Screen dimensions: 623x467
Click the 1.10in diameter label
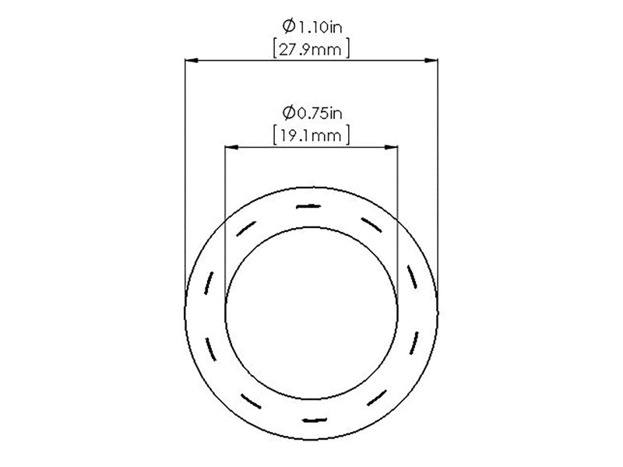pyautogui.click(x=312, y=26)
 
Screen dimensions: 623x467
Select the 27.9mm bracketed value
pyautogui.click(x=311, y=50)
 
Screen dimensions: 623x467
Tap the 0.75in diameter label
pyautogui.click(x=312, y=113)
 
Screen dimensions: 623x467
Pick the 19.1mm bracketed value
pyautogui.click(x=311, y=135)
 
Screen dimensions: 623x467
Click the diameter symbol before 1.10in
pyautogui.click(x=289, y=26)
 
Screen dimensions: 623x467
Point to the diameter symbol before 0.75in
pyautogui.click(x=289, y=113)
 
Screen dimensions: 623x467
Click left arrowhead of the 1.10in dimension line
pyautogui.click(x=192, y=61)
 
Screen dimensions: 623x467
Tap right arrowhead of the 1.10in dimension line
pyautogui.click(x=431, y=61)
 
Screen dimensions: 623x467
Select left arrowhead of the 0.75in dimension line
pyautogui.click(x=231, y=147)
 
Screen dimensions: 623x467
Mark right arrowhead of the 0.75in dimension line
pyautogui.click(x=392, y=147)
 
